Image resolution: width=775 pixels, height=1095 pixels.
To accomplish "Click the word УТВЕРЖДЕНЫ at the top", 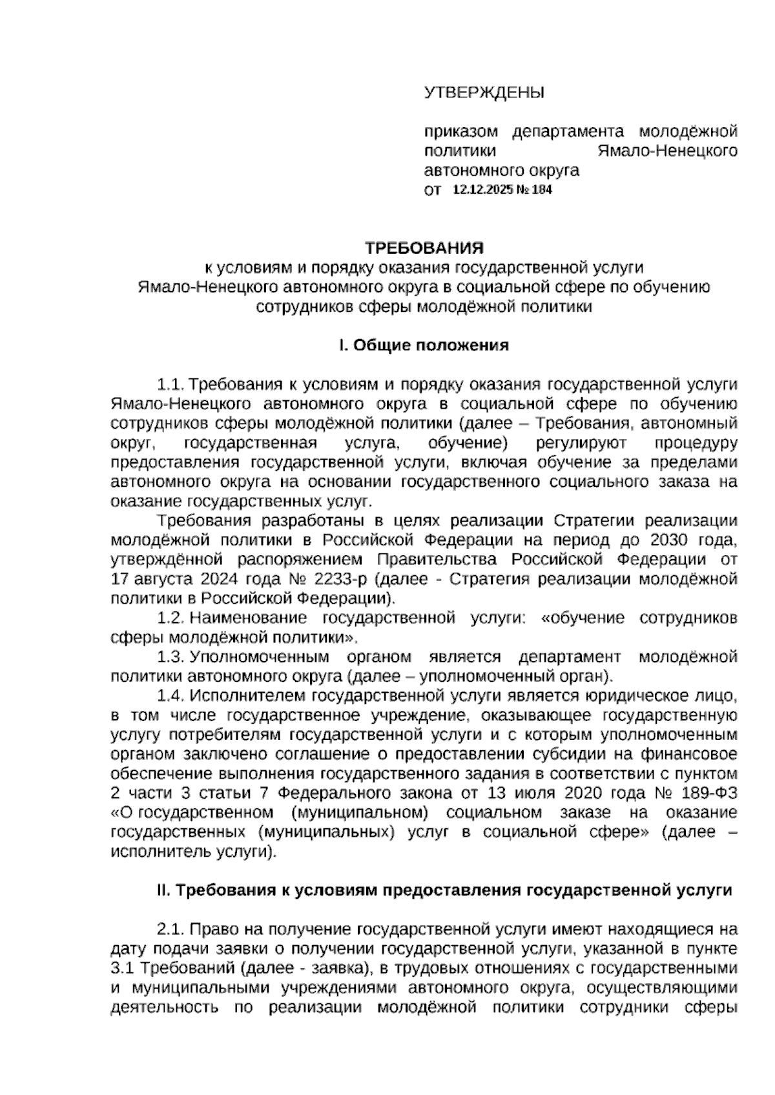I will click(x=484, y=93).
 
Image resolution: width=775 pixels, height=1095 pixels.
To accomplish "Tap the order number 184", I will click(x=541, y=190).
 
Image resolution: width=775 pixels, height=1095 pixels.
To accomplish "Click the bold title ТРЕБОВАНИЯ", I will click(x=424, y=248).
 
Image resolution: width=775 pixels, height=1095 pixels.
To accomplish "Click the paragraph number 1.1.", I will click(x=170, y=385).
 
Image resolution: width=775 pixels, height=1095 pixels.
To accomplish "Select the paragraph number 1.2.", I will click(x=170, y=618).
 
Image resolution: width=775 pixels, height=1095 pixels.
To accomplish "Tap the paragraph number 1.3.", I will click(x=170, y=657).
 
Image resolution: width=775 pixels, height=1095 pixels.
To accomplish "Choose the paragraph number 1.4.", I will click(x=170, y=696).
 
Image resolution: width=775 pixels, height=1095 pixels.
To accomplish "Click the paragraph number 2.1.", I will click(x=170, y=930).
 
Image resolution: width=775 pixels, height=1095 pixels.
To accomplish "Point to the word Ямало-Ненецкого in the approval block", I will click(x=667, y=151).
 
